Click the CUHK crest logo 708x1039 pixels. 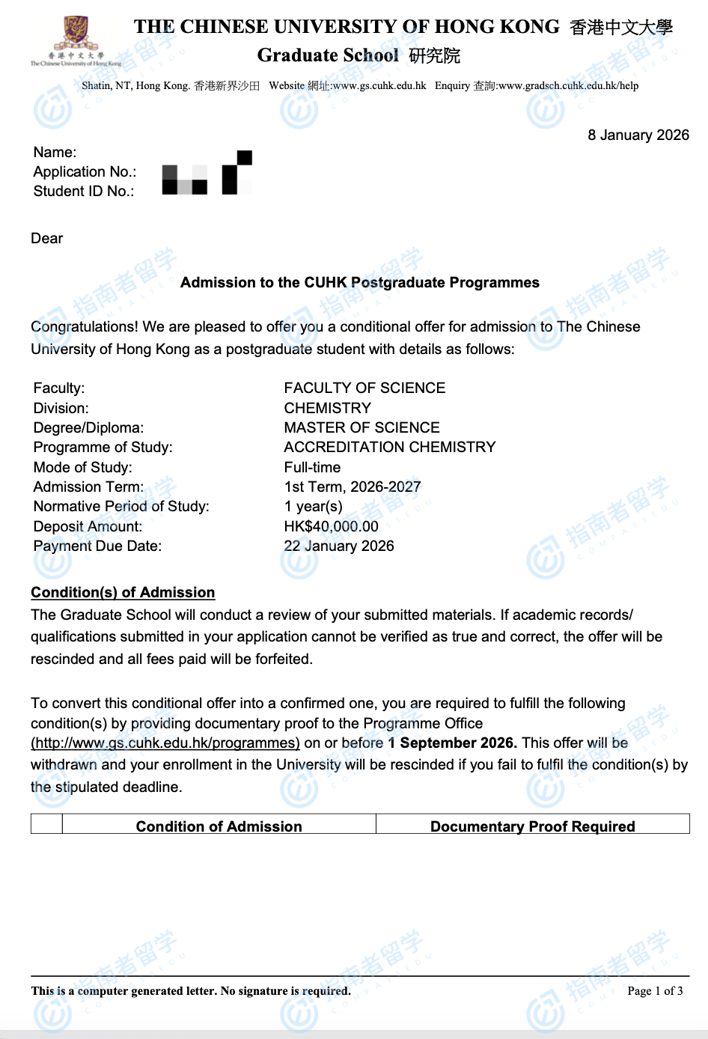(x=75, y=34)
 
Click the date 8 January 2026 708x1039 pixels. (x=638, y=135)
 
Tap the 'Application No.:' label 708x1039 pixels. (x=85, y=171)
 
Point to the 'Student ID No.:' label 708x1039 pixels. (x=84, y=191)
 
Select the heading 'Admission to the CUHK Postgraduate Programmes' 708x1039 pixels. (x=359, y=282)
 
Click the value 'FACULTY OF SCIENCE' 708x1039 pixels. (x=364, y=388)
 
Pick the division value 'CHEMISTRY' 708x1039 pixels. (x=327, y=408)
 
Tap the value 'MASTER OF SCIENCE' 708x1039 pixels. (x=361, y=427)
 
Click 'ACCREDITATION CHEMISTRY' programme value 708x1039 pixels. (x=389, y=447)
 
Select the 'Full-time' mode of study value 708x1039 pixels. (x=312, y=467)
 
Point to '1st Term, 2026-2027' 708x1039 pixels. (x=352, y=487)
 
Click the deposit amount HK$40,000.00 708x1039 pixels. (x=331, y=526)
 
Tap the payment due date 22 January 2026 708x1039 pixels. (x=338, y=546)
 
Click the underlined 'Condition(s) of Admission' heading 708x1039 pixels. (x=123, y=592)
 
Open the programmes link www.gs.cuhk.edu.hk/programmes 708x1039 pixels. (x=165, y=743)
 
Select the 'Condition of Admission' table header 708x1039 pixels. (x=219, y=826)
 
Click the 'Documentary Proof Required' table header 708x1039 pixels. (x=532, y=826)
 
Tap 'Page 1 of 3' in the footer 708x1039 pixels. (x=655, y=991)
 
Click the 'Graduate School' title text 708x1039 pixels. (x=328, y=55)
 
